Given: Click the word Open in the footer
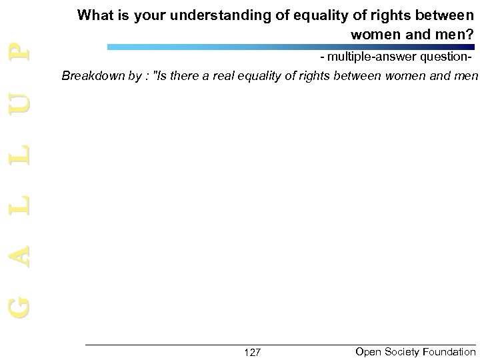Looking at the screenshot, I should [x=369, y=351].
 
